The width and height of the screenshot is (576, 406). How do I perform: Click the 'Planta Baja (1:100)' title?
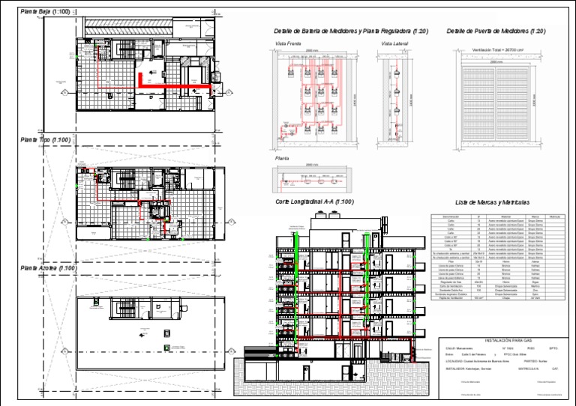pos(46,12)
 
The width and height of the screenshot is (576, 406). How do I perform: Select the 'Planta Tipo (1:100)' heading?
pos(46,140)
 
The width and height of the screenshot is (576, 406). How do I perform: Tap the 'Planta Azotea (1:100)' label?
pos(49,267)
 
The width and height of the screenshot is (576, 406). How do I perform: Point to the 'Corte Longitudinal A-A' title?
pos(314,202)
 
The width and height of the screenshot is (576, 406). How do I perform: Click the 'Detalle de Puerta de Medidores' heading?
pos(496,31)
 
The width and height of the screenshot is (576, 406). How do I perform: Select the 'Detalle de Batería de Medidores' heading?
pos(351,31)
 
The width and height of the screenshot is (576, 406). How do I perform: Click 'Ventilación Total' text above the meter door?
pos(496,50)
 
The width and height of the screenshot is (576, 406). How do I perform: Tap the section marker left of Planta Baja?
pos(65,91)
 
